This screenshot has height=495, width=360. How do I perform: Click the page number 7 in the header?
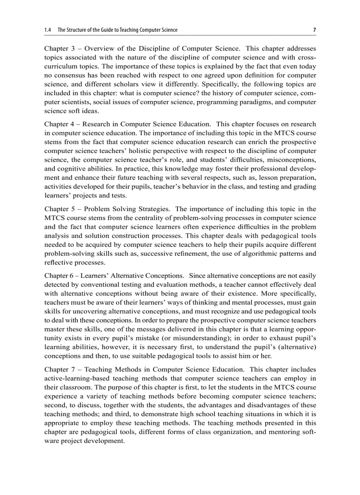(314, 30)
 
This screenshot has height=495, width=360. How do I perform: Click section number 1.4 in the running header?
(48, 30)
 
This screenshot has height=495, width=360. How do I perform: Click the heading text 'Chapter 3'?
(59, 48)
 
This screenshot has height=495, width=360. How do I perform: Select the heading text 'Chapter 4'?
(59, 125)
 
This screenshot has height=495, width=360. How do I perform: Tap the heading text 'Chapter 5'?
(59, 209)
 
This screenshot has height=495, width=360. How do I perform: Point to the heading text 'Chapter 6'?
(59, 275)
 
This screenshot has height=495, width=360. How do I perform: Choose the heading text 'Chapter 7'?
(59, 369)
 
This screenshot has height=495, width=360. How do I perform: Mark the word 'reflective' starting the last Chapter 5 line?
(58, 262)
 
